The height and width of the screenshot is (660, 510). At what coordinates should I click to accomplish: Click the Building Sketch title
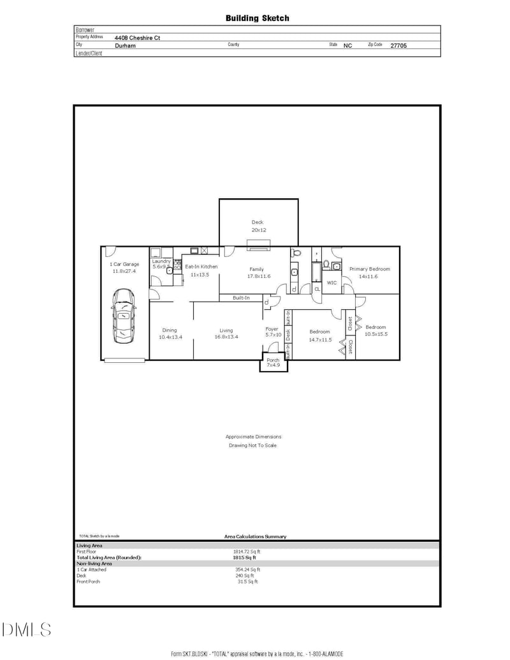[x=257, y=18]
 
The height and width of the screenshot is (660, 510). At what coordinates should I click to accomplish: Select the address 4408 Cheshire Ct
[x=137, y=38]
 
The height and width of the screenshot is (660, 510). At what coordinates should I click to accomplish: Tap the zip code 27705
[x=398, y=46]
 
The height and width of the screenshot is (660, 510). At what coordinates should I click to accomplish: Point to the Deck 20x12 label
[x=258, y=226]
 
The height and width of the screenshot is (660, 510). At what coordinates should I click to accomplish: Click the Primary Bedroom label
[x=369, y=272]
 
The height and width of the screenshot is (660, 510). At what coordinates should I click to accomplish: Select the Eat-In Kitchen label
[x=201, y=270]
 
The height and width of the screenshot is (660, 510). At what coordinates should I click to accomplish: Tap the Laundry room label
[x=161, y=263]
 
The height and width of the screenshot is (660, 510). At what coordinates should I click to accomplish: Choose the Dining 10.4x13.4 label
[x=170, y=334]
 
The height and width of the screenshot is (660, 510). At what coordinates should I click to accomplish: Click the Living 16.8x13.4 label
[x=226, y=334]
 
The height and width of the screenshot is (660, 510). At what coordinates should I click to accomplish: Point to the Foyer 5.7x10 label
[x=273, y=332]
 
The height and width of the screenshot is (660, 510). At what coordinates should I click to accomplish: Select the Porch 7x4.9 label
[x=273, y=363]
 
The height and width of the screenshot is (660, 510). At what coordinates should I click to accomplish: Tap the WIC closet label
[x=331, y=282]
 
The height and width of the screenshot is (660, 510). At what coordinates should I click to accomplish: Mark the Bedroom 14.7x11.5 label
[x=319, y=335]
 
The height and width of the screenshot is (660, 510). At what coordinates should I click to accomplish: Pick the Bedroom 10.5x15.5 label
[x=375, y=330]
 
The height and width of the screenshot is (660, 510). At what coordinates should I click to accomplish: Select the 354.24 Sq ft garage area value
[x=247, y=569]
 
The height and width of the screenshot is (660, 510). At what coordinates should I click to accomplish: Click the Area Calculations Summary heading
[x=255, y=536]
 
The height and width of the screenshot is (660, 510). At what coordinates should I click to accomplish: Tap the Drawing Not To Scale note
[x=253, y=445]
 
